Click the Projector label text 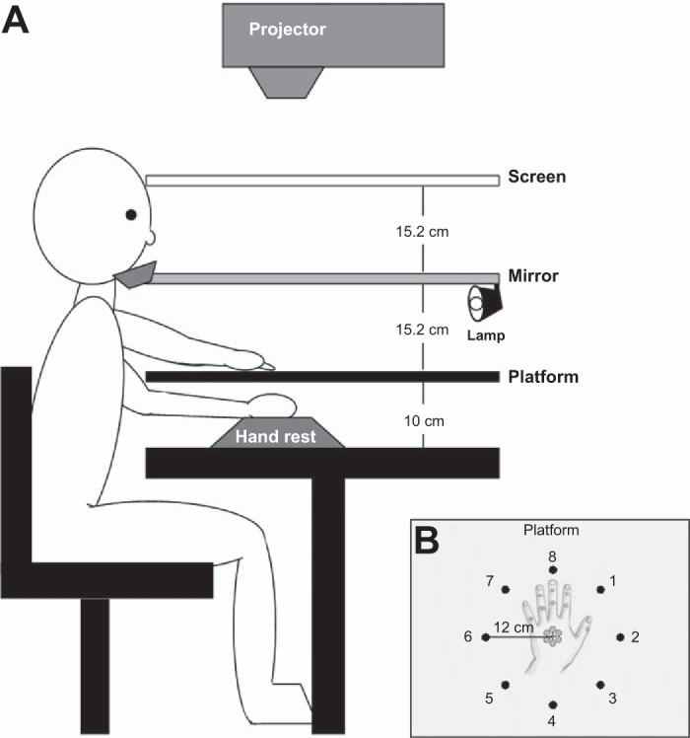coord(287,30)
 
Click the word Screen coord(537,179)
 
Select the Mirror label coord(533,276)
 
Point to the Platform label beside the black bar coord(543,376)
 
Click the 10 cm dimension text coord(425,420)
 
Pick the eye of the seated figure coord(130,214)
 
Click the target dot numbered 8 coord(553,571)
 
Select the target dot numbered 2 coord(619,637)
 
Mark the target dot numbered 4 coord(553,703)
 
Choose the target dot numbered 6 coord(485,637)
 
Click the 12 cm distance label coord(516,627)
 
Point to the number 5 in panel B coord(489,699)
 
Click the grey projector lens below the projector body coord(287,81)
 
